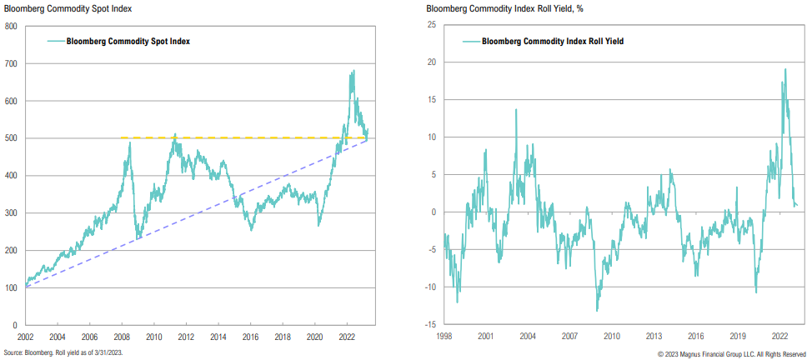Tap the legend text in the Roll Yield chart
553,41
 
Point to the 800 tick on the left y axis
12,26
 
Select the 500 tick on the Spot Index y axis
12,138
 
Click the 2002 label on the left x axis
27,337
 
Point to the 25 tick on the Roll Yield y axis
433,26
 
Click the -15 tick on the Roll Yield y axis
431,325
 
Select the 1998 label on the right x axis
444,337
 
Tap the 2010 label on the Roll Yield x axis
612,337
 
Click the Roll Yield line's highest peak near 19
784,69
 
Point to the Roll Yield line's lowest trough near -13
597,311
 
